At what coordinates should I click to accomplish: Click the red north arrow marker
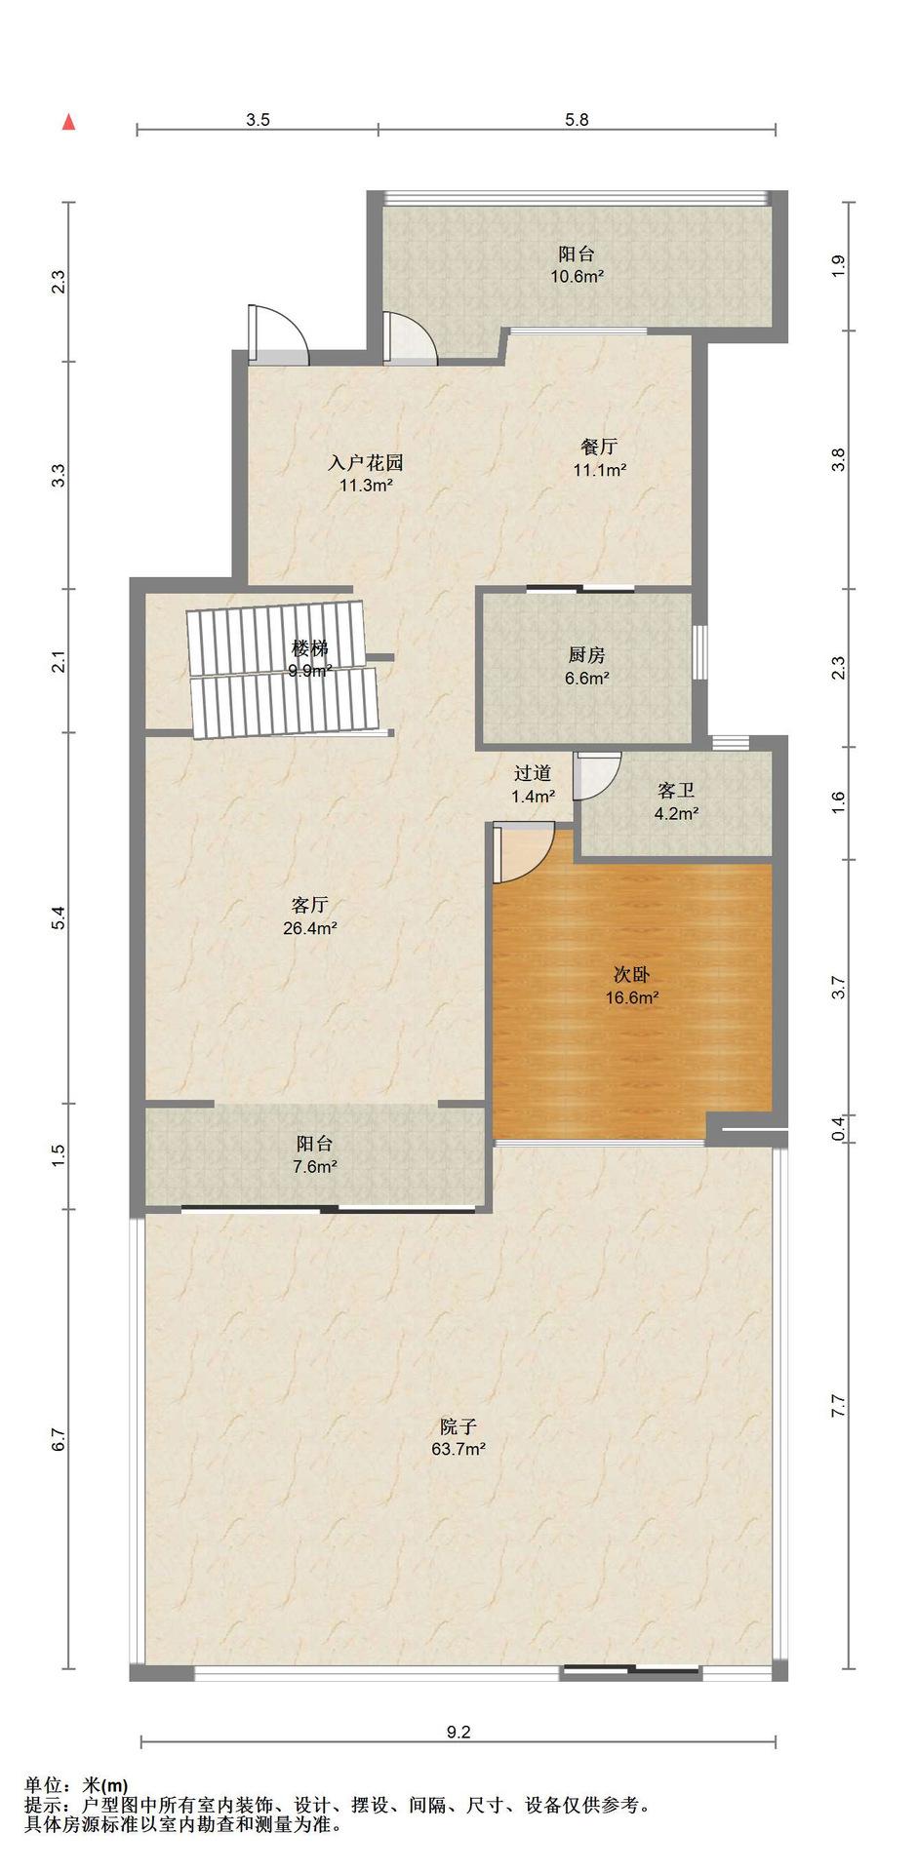click(68, 122)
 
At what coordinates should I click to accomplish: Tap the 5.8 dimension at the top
click(577, 120)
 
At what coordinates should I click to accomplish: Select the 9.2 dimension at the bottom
click(458, 1733)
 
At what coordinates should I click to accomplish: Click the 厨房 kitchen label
click(587, 656)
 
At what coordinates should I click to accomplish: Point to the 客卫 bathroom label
click(676, 791)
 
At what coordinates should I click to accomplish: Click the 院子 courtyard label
click(458, 1426)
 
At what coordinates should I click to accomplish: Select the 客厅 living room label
click(310, 905)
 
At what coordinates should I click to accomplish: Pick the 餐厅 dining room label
click(599, 447)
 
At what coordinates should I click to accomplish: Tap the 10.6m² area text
click(577, 276)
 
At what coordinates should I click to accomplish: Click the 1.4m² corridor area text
click(534, 797)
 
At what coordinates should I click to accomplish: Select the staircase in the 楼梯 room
click(283, 670)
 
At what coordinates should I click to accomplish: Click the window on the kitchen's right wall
click(698, 650)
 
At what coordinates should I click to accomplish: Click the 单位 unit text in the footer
click(43, 1787)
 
